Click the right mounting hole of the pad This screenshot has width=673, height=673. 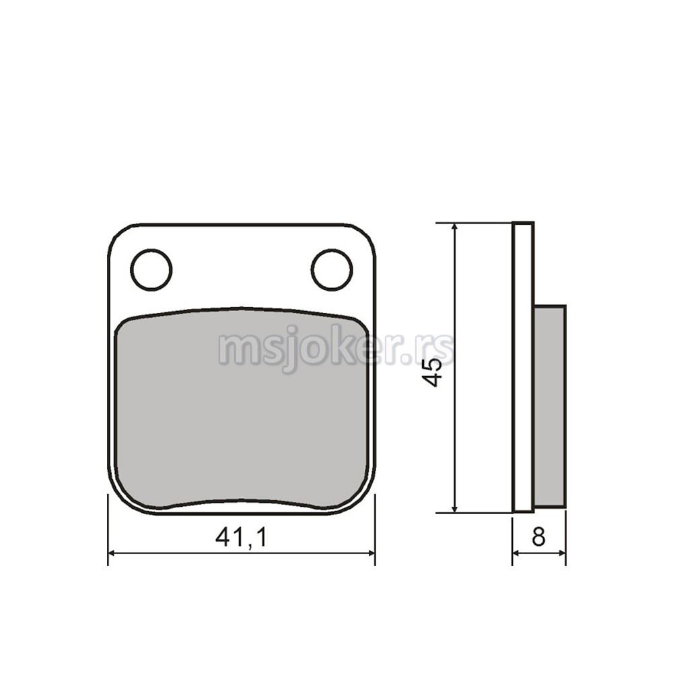(332, 269)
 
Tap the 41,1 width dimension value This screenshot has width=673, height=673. (241, 537)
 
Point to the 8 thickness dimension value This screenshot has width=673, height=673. (538, 536)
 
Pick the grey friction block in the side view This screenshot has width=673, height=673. (549, 406)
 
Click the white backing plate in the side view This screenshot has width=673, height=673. (523, 367)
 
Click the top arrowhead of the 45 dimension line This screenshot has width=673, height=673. (455, 228)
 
